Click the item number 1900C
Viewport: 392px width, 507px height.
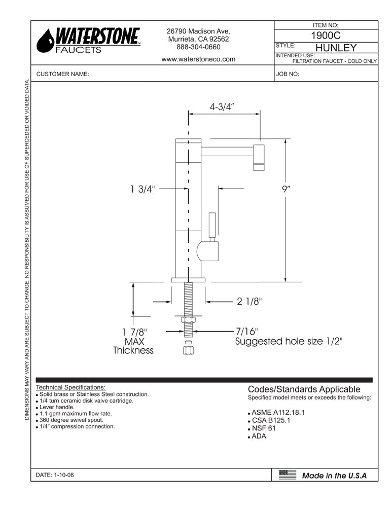click(x=326, y=37)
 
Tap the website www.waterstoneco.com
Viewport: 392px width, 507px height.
click(x=198, y=59)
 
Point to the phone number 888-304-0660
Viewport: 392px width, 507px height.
click(x=198, y=47)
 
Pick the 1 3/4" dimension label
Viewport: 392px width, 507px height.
click(x=142, y=189)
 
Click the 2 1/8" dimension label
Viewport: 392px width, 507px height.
click(x=249, y=302)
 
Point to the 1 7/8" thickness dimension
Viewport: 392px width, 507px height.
click(x=133, y=332)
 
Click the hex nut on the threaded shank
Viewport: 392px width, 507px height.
click(x=188, y=320)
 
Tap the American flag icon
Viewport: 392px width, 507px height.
click(x=288, y=475)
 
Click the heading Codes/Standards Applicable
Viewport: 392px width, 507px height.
click(x=304, y=389)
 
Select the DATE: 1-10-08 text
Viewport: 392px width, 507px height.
click(x=58, y=475)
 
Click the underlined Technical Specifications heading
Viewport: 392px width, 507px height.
click(x=71, y=387)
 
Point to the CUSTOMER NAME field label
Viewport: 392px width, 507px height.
click(x=63, y=74)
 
